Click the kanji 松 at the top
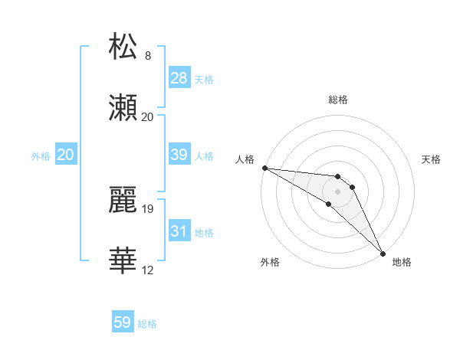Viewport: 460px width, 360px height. (x=123, y=46)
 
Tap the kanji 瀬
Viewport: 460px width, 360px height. (x=123, y=106)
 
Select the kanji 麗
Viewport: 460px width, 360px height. (x=123, y=198)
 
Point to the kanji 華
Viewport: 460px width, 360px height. (x=123, y=260)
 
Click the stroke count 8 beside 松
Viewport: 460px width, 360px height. (x=147, y=55)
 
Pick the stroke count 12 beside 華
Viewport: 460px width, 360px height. (x=147, y=270)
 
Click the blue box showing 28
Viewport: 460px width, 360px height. (x=179, y=78)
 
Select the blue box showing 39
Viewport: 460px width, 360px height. (x=179, y=155)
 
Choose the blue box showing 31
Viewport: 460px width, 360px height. (x=179, y=231)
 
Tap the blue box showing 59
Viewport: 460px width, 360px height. (x=123, y=323)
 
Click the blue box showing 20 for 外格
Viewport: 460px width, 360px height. (x=66, y=155)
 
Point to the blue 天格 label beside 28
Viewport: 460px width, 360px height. (x=204, y=79)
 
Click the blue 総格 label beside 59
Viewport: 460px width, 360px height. (x=147, y=324)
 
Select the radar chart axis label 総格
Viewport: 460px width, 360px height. (x=338, y=100)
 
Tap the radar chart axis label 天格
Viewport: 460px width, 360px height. (x=432, y=159)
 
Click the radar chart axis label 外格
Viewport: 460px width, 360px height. (x=270, y=262)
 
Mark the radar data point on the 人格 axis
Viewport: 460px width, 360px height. (x=264, y=168)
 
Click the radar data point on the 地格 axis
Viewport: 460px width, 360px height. (x=383, y=252)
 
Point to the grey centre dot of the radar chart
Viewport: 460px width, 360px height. (x=337, y=191)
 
